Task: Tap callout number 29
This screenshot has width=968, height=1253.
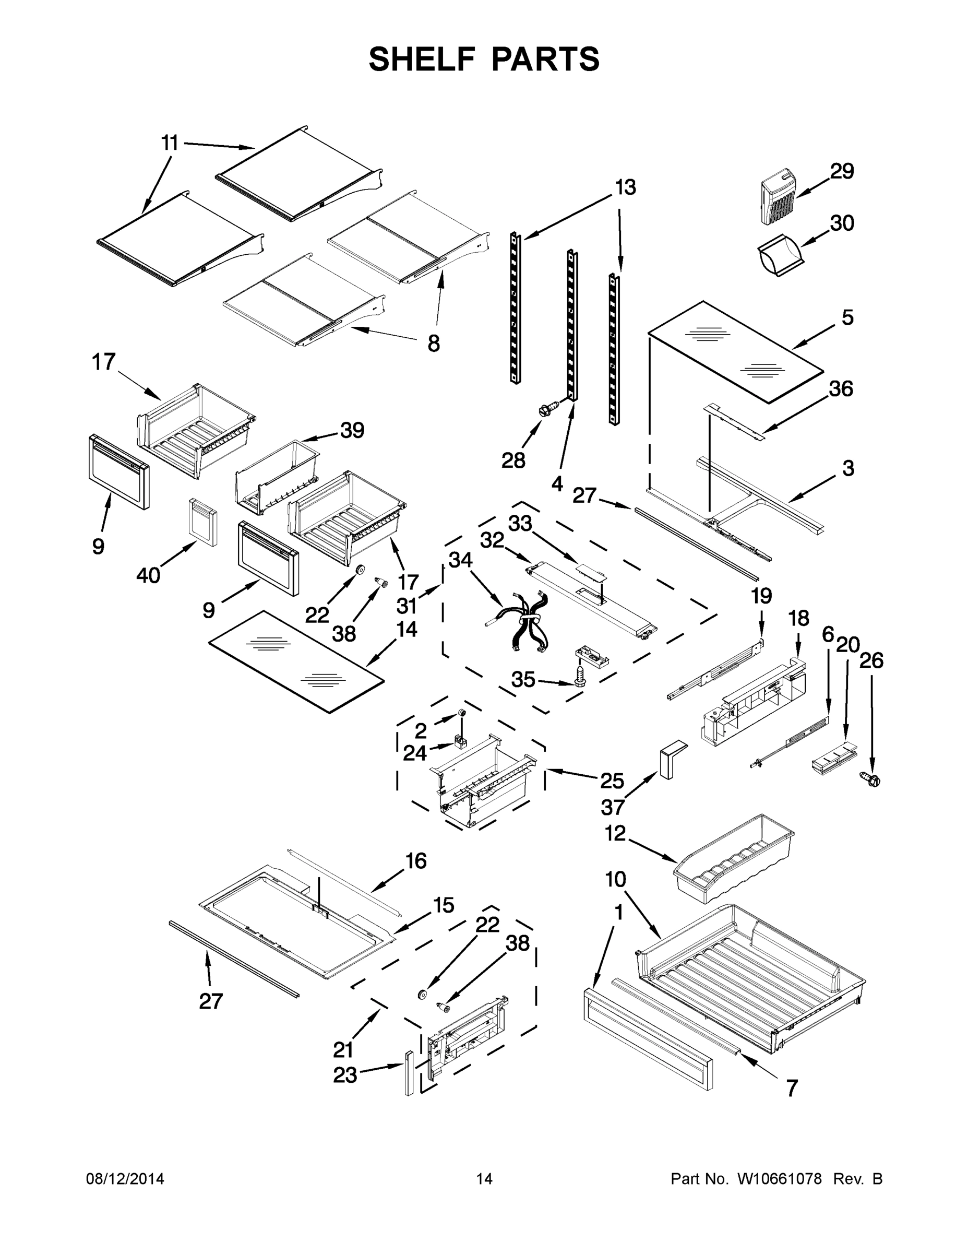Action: tap(842, 171)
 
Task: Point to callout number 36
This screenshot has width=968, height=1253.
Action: tap(841, 389)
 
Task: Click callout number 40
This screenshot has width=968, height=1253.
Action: tap(148, 575)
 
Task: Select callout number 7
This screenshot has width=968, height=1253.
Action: tap(792, 1088)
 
